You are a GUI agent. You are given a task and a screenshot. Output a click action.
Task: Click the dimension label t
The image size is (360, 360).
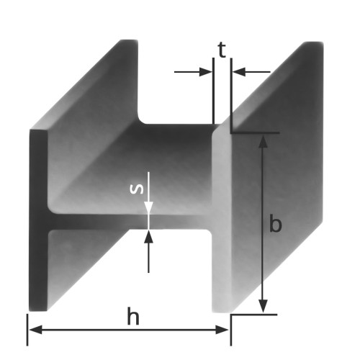[222, 50]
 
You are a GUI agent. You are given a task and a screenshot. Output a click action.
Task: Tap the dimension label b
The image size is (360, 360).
[274, 224]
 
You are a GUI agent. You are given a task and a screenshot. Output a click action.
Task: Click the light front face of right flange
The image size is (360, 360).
[222, 223]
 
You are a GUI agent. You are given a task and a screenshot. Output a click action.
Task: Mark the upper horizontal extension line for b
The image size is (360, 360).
[255, 133]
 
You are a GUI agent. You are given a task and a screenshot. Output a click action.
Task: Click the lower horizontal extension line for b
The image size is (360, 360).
[255, 314]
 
